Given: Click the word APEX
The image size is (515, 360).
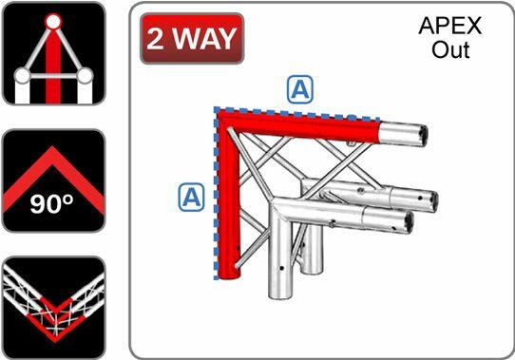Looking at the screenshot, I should [x=449, y=26].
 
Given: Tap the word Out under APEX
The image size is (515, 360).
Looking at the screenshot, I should [x=450, y=49].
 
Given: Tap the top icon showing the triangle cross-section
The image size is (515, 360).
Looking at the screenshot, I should [x=51, y=53].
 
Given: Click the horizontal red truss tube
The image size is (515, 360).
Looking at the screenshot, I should [x=314, y=125].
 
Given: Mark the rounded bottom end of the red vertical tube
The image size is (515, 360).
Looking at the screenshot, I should [x=229, y=275].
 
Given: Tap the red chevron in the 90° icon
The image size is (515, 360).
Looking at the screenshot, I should [x=51, y=175].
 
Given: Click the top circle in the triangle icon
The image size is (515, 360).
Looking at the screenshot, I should [x=53, y=20].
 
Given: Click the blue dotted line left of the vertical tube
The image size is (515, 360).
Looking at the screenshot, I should [x=216, y=199].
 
